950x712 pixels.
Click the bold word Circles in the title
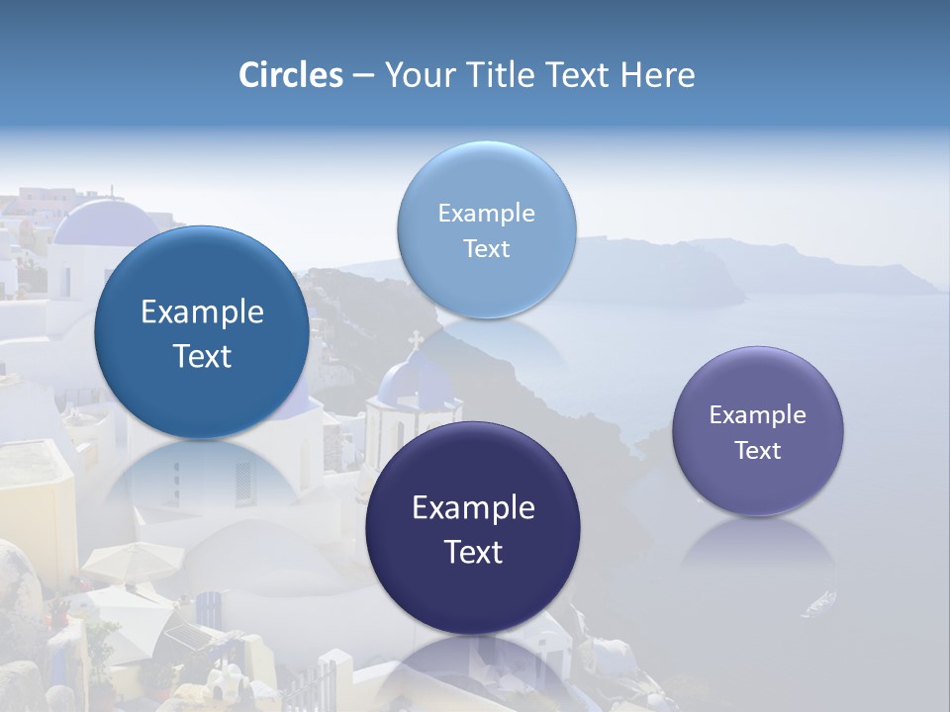[291, 75]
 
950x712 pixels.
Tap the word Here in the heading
[657, 75]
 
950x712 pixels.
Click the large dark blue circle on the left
[202, 332]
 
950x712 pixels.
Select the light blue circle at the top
[486, 229]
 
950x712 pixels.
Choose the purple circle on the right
[758, 431]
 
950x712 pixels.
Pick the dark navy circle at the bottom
[473, 528]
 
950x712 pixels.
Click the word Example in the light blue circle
[486, 213]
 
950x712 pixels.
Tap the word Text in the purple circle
[758, 450]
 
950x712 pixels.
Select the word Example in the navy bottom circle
[473, 508]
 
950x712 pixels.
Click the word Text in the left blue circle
[202, 356]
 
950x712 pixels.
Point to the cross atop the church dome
[416, 340]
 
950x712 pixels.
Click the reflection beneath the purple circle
[758, 554]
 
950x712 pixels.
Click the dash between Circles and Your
[363, 75]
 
